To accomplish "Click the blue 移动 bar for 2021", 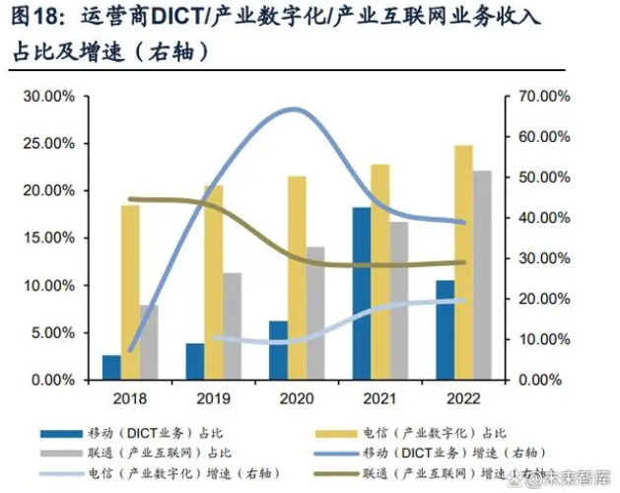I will (362, 293).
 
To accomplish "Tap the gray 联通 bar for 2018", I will (148, 342).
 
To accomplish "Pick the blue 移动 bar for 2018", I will (111, 367).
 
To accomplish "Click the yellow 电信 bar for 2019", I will (213, 282).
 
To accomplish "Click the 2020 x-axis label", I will (297, 398).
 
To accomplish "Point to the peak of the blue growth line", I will (296, 108).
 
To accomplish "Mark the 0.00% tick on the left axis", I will (53, 380).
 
